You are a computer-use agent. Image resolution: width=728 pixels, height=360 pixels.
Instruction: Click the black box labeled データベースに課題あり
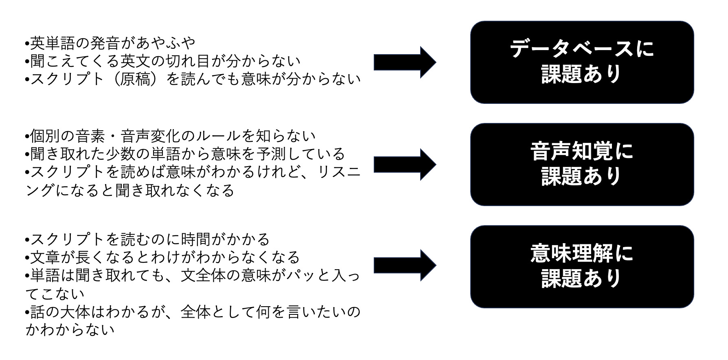click(582, 62)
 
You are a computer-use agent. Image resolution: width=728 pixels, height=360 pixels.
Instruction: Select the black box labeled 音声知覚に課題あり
click(582, 165)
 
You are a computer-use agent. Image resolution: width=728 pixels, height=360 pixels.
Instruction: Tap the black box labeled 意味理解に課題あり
click(582, 267)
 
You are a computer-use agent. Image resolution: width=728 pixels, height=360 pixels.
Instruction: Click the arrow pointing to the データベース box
click(405, 62)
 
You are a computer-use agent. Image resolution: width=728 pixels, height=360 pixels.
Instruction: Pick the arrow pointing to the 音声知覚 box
click(405, 165)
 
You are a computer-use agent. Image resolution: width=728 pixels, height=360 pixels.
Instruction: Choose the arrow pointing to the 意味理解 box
click(405, 266)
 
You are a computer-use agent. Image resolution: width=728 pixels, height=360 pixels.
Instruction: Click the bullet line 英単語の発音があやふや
click(110, 42)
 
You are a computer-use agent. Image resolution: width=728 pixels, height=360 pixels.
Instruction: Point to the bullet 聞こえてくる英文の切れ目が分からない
click(163, 61)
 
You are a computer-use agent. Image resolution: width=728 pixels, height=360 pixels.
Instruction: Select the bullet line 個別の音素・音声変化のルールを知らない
click(170, 136)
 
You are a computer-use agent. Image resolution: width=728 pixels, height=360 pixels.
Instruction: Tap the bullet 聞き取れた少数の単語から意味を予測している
click(185, 154)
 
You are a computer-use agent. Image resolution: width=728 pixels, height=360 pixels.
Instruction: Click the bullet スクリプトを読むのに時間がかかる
click(147, 239)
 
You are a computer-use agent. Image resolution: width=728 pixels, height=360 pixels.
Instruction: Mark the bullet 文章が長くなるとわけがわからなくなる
click(162, 257)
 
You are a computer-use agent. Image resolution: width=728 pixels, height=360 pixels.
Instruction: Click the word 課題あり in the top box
click(582, 74)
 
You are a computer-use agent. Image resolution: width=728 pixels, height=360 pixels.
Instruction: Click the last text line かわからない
click(70, 330)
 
